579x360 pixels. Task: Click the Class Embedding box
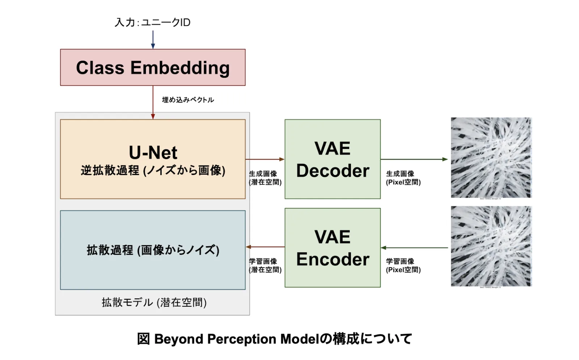[x=153, y=67]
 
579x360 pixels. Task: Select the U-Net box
[x=153, y=159]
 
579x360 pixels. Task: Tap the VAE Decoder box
[x=332, y=159]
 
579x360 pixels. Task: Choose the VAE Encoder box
[x=332, y=248]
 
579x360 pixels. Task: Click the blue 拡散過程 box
[x=153, y=250]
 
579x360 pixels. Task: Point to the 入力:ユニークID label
[x=152, y=22]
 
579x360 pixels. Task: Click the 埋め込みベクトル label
[x=188, y=100]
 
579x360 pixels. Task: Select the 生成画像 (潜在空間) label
[x=265, y=178]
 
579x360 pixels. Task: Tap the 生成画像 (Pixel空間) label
[x=403, y=178]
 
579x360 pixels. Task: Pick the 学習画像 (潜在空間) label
[x=265, y=265]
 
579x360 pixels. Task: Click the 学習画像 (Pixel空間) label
[x=403, y=265]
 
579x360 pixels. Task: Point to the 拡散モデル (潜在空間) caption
[x=154, y=302]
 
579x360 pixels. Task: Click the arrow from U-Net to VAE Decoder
[x=265, y=159]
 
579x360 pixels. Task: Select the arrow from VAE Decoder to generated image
[x=414, y=159]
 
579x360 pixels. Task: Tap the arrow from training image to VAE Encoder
[x=414, y=248]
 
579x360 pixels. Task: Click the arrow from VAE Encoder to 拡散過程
[x=265, y=247]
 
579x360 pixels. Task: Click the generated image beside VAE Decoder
[x=491, y=158]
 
